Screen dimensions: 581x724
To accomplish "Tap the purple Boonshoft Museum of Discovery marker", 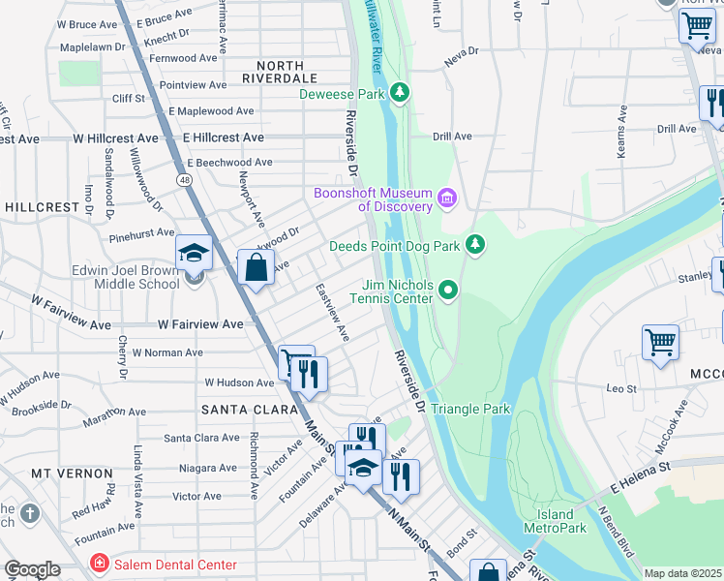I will pyautogui.click(x=446, y=199).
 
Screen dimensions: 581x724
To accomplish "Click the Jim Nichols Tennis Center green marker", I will pyautogui.click(x=447, y=290).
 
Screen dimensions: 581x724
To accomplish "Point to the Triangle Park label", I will pyautogui.click(x=469, y=410).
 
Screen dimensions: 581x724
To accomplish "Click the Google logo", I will pyautogui.click(x=31, y=569).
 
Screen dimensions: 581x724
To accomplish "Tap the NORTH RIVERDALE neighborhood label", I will pyautogui.click(x=280, y=69).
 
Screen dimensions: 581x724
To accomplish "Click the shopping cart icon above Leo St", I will pyautogui.click(x=660, y=342).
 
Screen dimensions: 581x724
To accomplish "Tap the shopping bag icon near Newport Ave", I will pyautogui.click(x=256, y=267).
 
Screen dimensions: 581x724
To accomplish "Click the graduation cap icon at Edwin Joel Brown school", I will pyautogui.click(x=194, y=254).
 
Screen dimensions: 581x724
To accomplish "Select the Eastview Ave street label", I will pyautogui.click(x=332, y=312).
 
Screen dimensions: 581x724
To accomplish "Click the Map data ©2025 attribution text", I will pyautogui.click(x=683, y=573).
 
